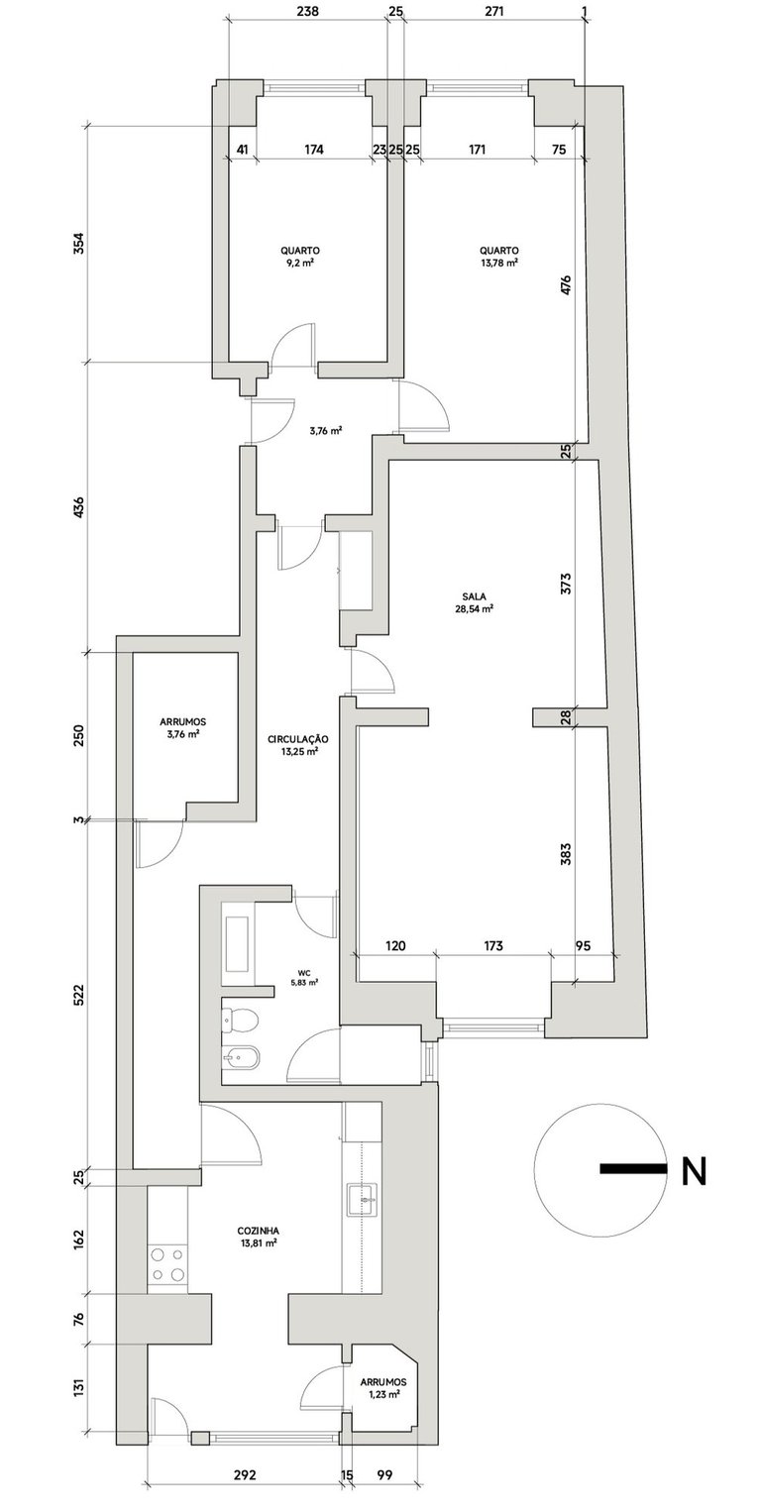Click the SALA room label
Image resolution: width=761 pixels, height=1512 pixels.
473,595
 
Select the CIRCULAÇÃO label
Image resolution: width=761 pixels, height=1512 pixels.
298,739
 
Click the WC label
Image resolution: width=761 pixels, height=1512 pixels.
303,972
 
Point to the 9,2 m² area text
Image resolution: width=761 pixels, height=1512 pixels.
299,264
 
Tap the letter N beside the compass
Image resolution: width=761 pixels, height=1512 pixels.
694,1171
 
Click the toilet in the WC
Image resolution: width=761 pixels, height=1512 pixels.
238,1018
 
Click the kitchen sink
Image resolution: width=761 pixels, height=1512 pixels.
364,1200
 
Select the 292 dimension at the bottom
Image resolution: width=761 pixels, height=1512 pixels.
245,1474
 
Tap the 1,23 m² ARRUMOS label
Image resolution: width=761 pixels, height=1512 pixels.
380,1387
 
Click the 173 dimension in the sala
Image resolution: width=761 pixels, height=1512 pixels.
492,946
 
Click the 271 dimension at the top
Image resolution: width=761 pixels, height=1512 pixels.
493,13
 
